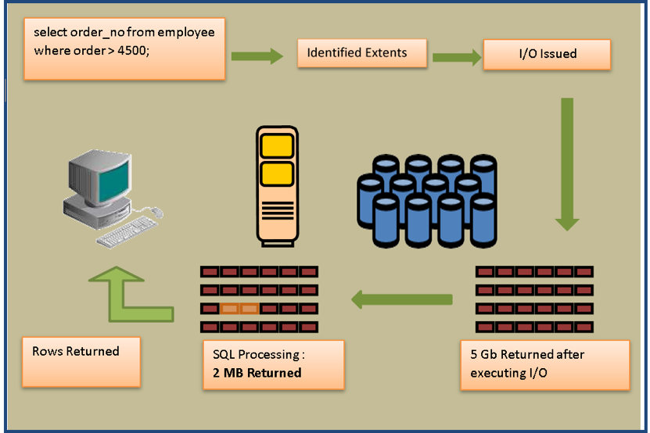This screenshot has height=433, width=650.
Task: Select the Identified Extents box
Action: coord(361,53)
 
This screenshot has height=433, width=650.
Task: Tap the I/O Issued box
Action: coord(547,54)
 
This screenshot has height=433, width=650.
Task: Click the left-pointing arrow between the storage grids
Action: coord(402,299)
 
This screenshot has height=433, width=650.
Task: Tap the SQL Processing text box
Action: coord(273,363)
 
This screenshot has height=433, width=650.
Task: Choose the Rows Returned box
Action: coord(81,361)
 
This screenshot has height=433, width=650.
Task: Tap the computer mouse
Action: coord(156,211)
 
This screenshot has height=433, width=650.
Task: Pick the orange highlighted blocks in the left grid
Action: coord(239,308)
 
